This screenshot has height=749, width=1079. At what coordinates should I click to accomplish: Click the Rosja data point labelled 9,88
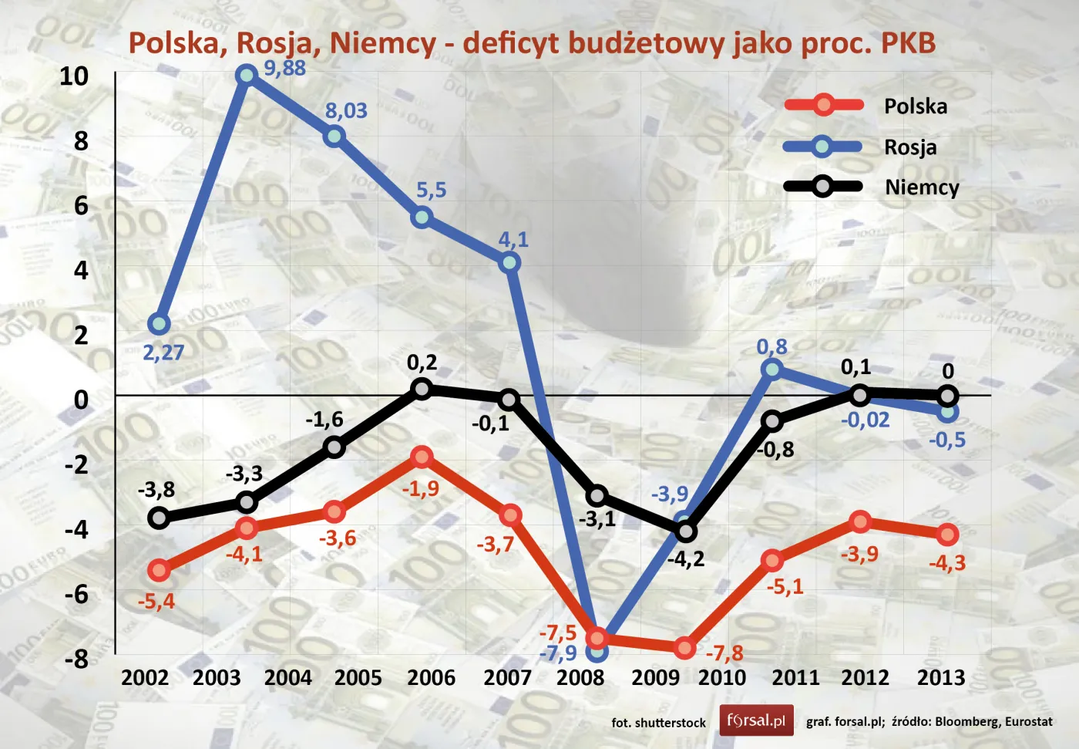pos(247,75)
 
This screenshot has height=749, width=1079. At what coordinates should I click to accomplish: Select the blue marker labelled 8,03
pos(334,137)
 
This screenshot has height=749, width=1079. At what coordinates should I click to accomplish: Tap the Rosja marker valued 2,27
pos(159,324)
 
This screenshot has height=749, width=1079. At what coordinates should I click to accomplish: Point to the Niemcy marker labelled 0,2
pos(421,389)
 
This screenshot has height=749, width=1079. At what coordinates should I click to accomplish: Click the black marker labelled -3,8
pos(159,518)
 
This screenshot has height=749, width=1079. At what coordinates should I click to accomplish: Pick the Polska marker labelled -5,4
pos(159,571)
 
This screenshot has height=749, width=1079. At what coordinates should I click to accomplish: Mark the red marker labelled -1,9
pos(421,457)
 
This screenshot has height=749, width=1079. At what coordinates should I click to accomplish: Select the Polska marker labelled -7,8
pos(684,649)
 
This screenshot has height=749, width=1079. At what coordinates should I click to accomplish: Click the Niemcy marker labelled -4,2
pos(685,531)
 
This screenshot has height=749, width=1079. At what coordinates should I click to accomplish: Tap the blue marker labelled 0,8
pos(772,369)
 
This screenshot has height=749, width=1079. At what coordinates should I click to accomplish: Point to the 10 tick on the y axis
pos(74,76)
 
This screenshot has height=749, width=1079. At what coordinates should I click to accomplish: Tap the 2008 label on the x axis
pos(580,678)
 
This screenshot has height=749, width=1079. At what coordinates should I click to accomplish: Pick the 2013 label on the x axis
pos(940,678)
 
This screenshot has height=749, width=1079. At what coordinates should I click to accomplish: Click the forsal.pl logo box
pos(756,720)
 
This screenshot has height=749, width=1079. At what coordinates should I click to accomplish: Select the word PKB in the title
pos(907,43)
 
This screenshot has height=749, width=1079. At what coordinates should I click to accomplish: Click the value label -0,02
pos(865,420)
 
